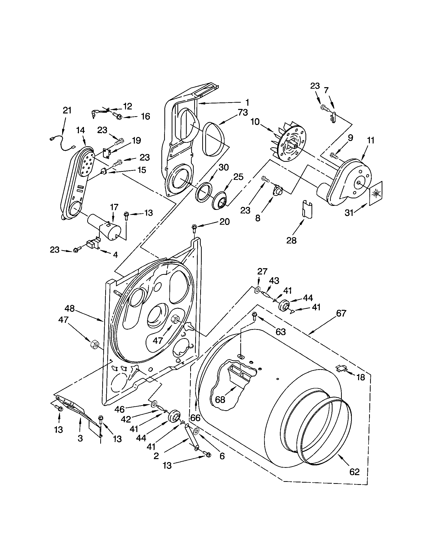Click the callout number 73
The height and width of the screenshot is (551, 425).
pyautogui.click(x=242, y=112)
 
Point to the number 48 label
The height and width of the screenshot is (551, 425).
pyautogui.click(x=70, y=308)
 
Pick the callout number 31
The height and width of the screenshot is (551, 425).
pyautogui.click(x=349, y=213)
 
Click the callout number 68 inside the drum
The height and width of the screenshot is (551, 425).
pyautogui.click(x=220, y=400)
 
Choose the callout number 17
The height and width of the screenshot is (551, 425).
pyautogui.click(x=114, y=207)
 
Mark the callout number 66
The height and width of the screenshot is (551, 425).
pyautogui.click(x=195, y=418)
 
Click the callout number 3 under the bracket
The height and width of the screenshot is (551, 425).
pyautogui.click(x=80, y=438)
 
